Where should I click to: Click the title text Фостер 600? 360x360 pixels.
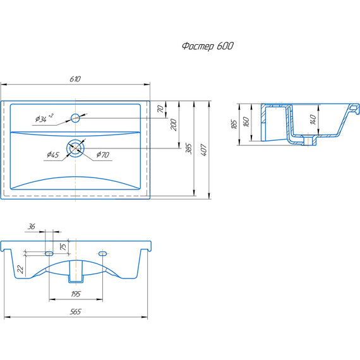click(208, 46)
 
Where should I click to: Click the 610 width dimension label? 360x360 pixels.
click(75, 79)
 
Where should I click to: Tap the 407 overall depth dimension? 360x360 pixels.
click(203, 150)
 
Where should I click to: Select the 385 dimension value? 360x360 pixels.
click(188, 149)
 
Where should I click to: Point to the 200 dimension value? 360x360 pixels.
click(174, 124)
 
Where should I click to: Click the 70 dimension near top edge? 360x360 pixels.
click(160, 109)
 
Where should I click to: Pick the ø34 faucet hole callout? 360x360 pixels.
click(44, 117)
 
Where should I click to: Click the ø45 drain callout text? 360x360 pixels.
click(53, 155)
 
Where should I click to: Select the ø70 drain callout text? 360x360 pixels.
click(102, 155)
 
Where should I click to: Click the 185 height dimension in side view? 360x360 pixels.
click(234, 124)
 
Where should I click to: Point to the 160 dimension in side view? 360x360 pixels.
click(246, 122)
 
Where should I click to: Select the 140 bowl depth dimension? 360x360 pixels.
click(313, 119)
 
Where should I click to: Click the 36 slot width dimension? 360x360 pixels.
click(31, 227)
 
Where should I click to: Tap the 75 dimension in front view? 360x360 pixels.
click(63, 246)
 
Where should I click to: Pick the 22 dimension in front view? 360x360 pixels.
click(20, 269)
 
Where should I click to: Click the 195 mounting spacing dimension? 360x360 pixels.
click(76, 294)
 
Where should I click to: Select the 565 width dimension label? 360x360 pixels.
click(76, 311)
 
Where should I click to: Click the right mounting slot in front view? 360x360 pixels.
click(102, 253)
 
